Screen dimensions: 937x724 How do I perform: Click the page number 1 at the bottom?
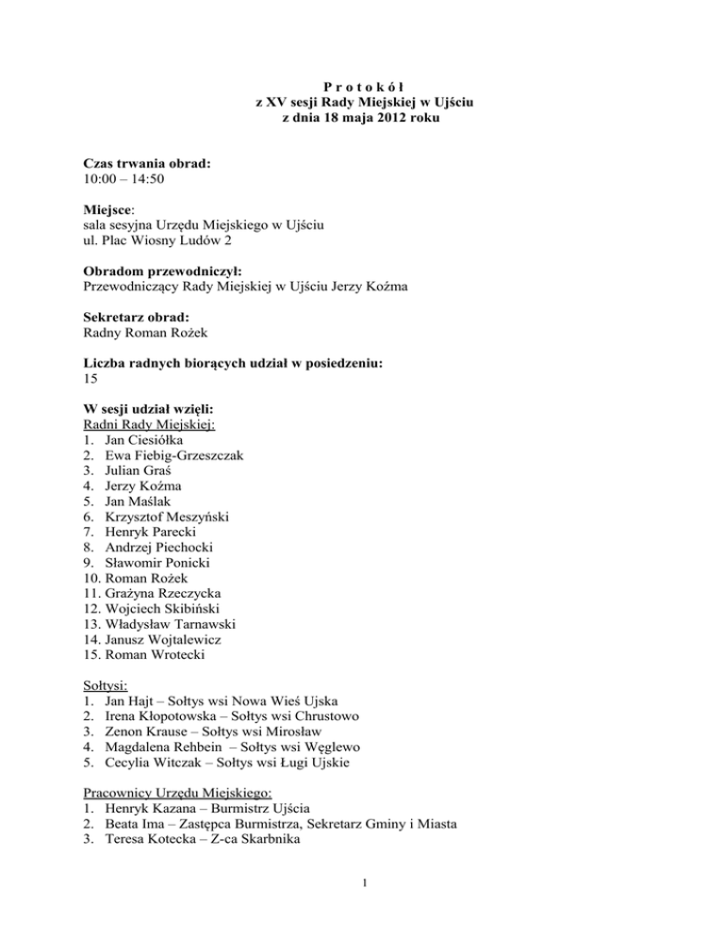click(362, 898)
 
